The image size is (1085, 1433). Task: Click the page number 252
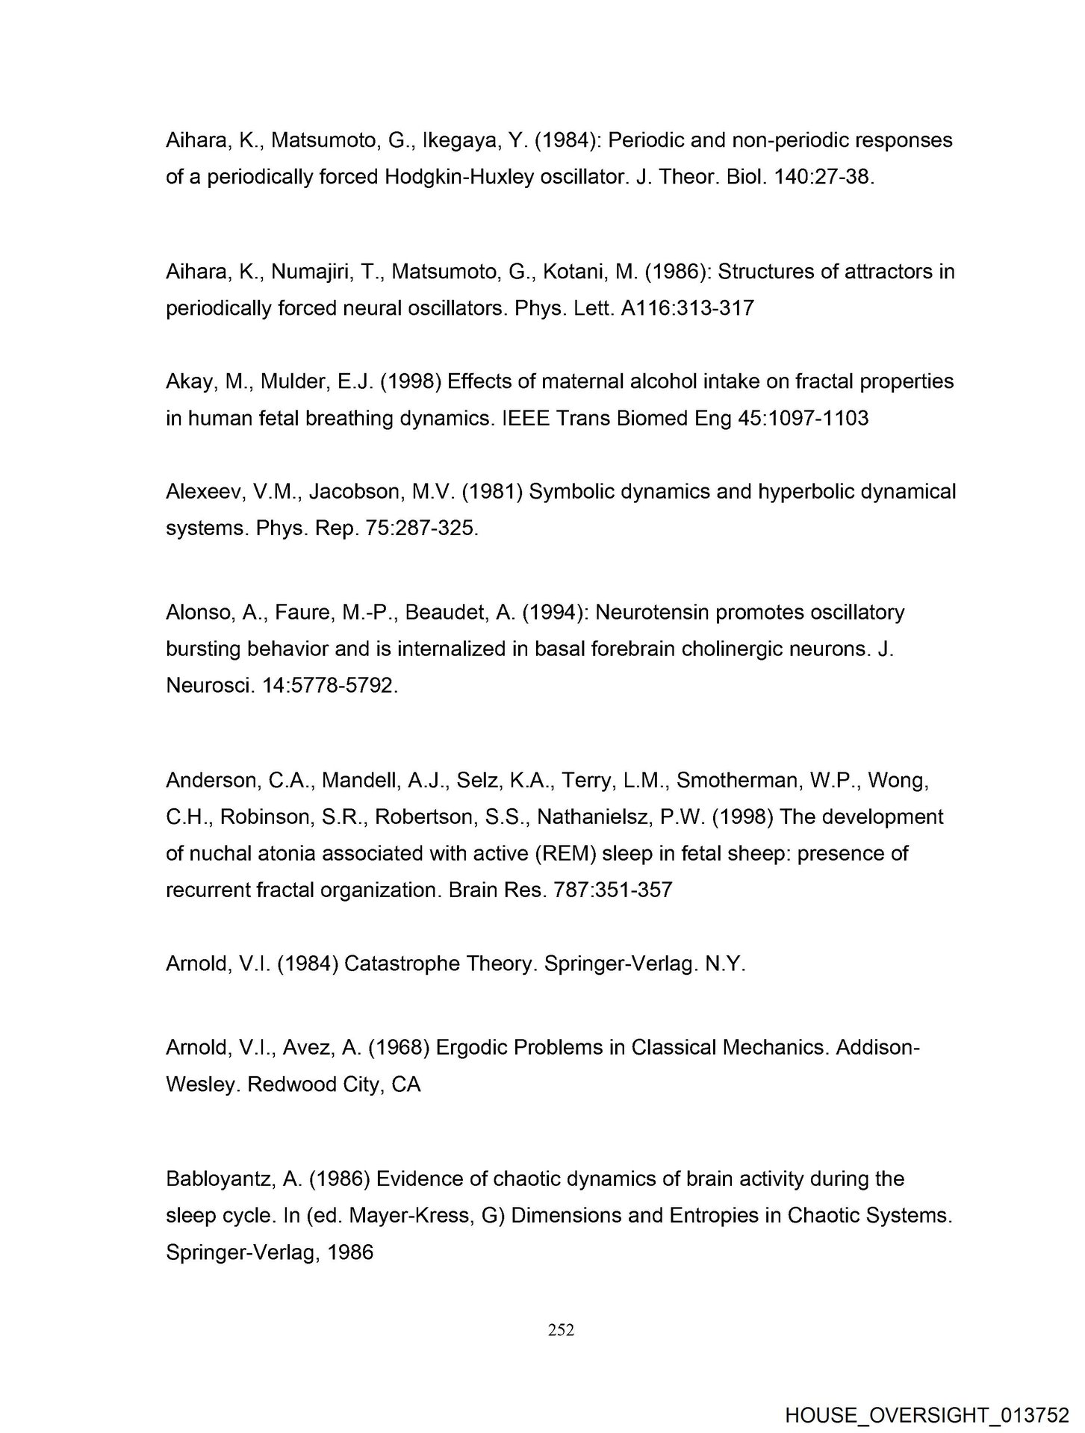coord(561,1329)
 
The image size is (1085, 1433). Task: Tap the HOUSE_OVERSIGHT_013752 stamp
coord(927,1415)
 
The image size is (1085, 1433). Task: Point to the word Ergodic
coord(476,1047)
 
